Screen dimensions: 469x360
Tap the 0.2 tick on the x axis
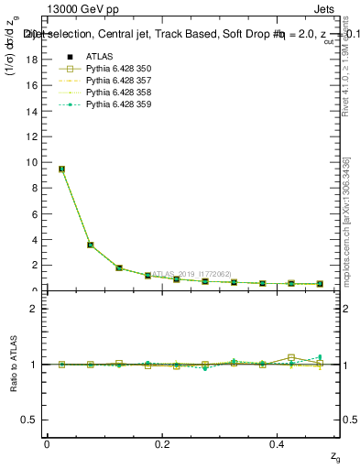pos(163,442)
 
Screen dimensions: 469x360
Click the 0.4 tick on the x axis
pos(278,442)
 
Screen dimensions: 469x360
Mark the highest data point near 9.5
pos(61,169)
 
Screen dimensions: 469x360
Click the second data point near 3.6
pos(90,245)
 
